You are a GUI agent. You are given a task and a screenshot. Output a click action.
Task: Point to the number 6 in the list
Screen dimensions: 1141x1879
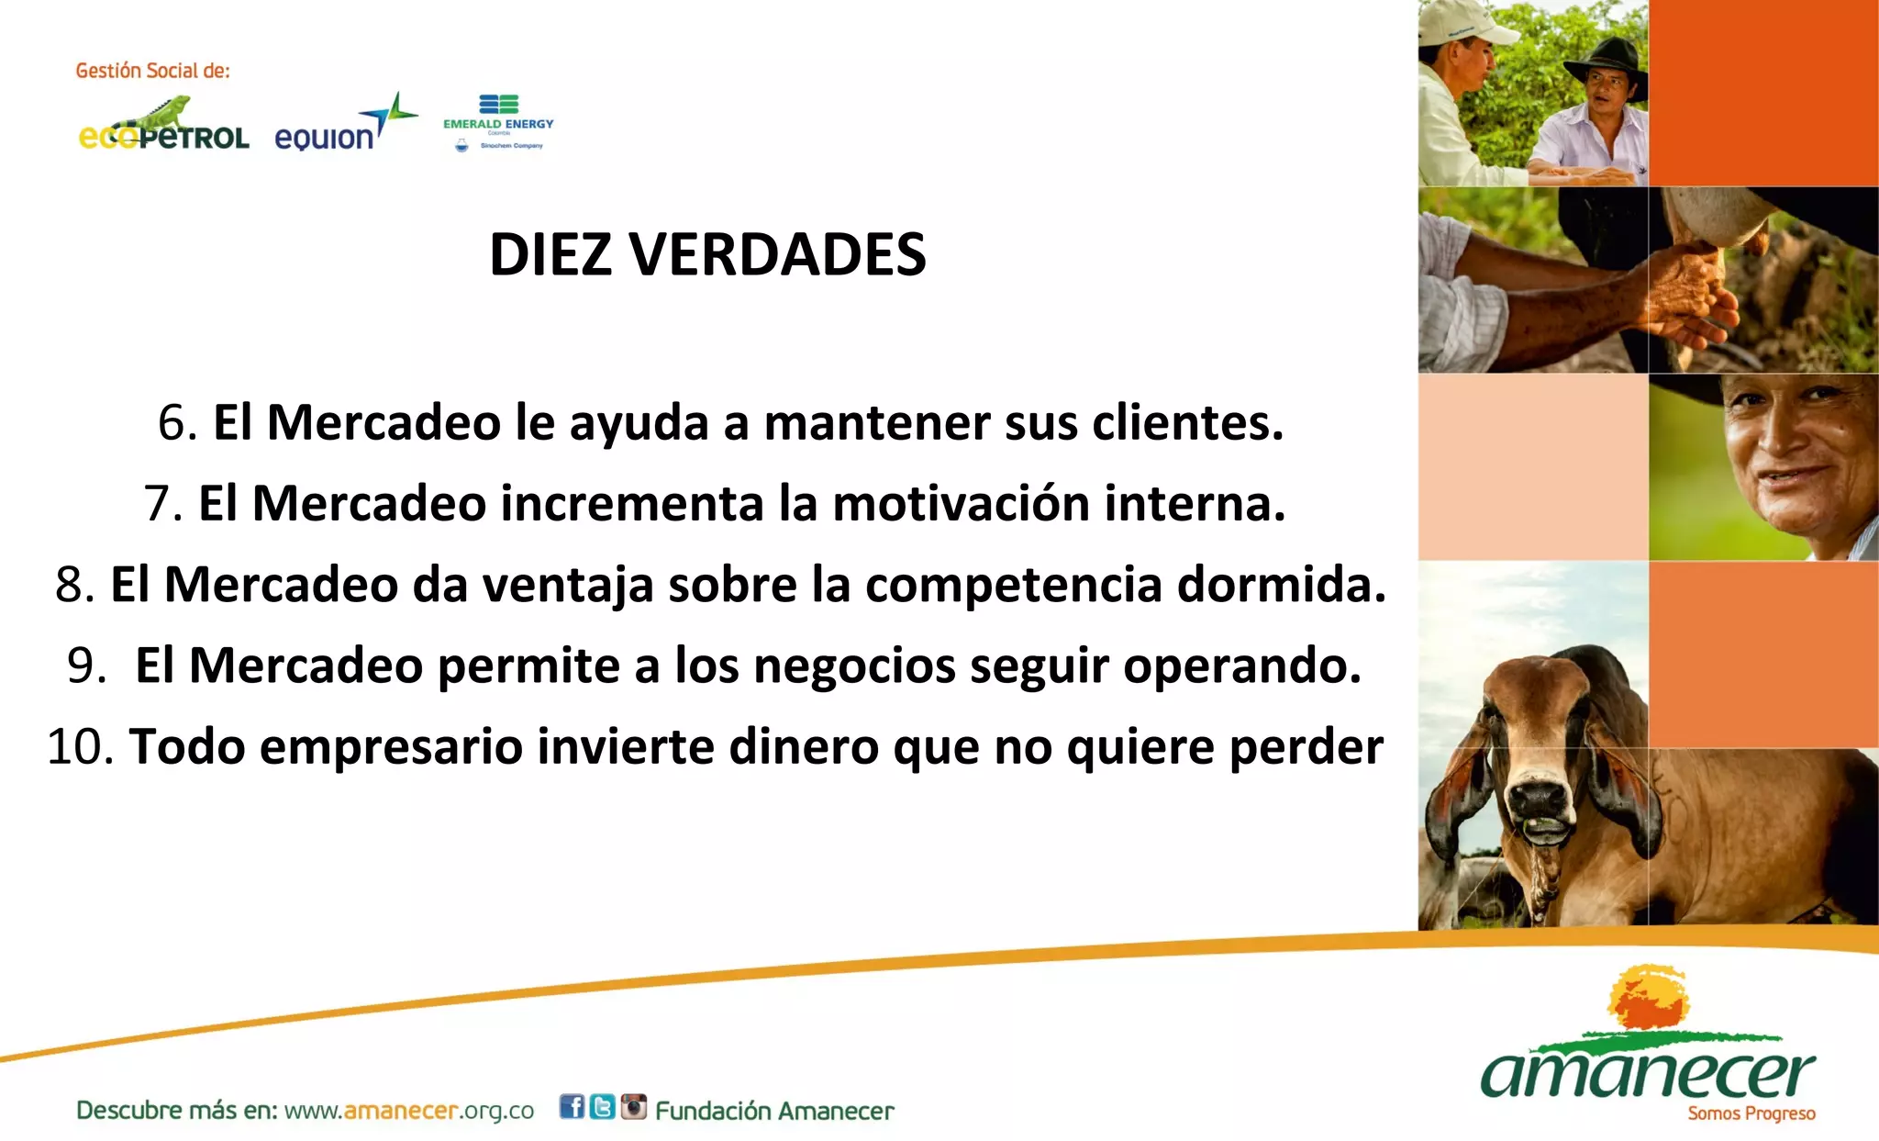172,423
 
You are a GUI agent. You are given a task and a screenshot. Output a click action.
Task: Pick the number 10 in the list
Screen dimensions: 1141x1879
78,746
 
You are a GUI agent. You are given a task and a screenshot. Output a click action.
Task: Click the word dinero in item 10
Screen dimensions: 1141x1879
804,746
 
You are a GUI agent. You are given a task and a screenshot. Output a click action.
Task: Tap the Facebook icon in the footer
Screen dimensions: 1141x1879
572,1107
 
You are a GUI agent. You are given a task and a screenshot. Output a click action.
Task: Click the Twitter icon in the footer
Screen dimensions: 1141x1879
602,1107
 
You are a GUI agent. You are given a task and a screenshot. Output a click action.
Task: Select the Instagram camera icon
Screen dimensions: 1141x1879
633,1107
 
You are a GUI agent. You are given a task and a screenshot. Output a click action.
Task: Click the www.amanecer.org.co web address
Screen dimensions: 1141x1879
408,1111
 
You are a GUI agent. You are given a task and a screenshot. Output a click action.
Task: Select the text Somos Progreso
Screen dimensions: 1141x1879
1751,1114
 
